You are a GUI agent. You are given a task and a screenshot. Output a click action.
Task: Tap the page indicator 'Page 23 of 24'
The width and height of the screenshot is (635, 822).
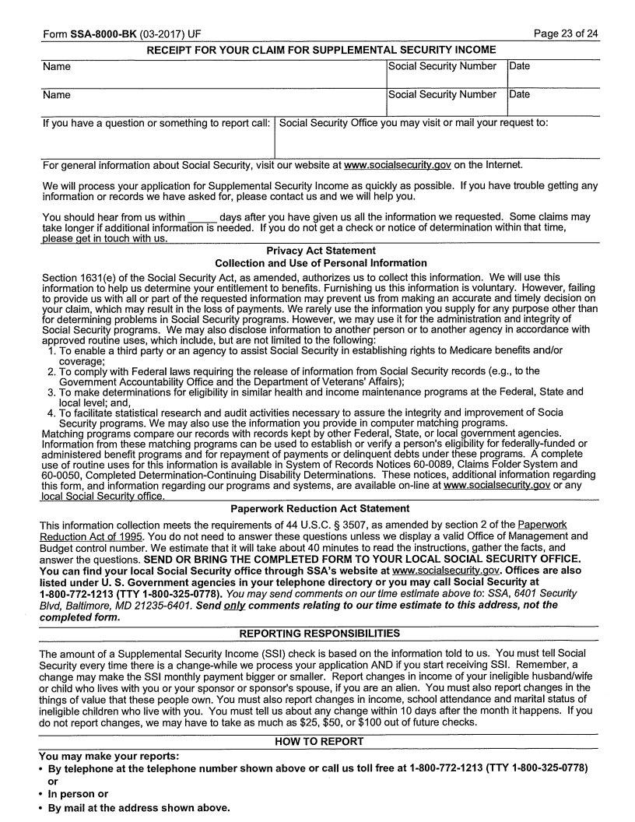566,34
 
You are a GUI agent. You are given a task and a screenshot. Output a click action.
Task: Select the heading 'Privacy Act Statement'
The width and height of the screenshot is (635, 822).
321,251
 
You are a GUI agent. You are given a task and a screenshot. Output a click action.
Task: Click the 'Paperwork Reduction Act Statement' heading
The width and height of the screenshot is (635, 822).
321,508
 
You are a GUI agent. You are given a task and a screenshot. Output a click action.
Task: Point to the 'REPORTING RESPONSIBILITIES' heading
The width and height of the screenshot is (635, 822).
320,634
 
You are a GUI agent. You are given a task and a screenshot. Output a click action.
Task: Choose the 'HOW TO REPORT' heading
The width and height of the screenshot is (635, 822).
320,742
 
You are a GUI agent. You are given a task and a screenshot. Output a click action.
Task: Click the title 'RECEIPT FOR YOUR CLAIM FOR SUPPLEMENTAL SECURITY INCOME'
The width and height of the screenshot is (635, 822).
321,50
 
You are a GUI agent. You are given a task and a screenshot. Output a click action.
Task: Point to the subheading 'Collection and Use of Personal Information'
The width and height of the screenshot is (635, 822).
321,263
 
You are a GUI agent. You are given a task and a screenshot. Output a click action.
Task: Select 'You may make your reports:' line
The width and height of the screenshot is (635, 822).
109,756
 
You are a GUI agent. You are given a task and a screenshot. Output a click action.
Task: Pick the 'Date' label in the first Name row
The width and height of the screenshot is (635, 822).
519,66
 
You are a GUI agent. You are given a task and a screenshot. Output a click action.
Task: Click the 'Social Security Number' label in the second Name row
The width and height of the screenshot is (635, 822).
442,94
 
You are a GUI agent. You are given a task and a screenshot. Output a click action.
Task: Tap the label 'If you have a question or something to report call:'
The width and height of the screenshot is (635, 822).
156,123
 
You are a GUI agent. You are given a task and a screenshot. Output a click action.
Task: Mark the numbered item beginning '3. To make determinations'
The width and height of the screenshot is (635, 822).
311,392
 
